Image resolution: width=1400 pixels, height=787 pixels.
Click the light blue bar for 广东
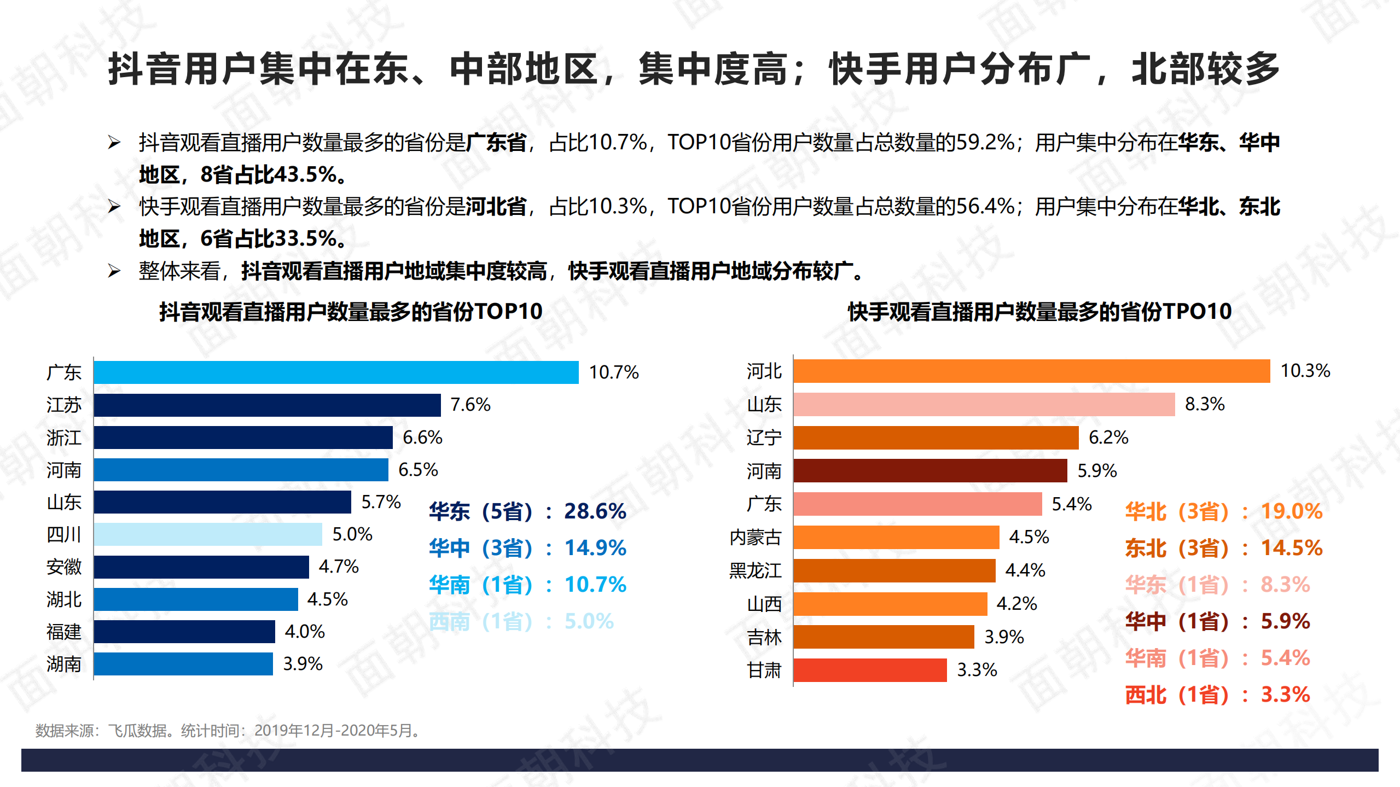[x=336, y=372]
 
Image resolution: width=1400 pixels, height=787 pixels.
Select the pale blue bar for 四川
[x=208, y=534]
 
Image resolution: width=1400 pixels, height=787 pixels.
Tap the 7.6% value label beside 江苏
[x=470, y=405]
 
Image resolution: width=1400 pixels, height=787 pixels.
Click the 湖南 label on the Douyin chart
[x=63, y=664]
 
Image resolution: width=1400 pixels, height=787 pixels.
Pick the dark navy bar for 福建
[x=184, y=632]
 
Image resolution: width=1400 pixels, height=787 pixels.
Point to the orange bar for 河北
[x=1031, y=371]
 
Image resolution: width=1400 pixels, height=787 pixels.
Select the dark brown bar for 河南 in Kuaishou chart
[x=930, y=471]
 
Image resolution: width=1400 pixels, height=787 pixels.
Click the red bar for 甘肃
[x=870, y=670]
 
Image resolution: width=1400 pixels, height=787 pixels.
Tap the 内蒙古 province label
[x=755, y=537]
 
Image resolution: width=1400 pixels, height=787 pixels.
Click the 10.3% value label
[x=1305, y=371]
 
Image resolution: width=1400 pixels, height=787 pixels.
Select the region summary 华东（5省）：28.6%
[x=527, y=511]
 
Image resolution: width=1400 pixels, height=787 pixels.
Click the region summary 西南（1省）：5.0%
[x=521, y=621]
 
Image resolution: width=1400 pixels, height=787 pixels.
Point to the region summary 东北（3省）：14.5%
[x=1223, y=548]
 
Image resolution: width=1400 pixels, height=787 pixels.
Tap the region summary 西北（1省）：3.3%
[x=1217, y=695]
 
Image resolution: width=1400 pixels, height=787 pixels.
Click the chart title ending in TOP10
[x=351, y=312]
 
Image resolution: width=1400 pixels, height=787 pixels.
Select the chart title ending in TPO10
[x=1039, y=312]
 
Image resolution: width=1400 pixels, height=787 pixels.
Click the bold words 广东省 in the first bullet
[x=496, y=143]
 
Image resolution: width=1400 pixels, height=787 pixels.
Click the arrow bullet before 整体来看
[x=114, y=271]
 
